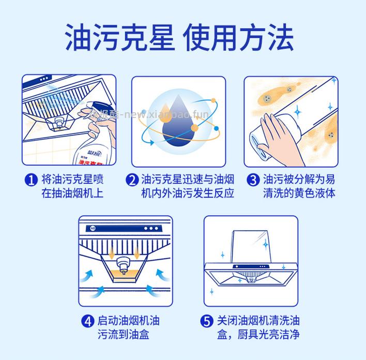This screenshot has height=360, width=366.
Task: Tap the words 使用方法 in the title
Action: [243, 36]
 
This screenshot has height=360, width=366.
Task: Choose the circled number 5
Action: [207, 321]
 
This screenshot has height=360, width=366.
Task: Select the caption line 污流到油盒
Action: [123, 334]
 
